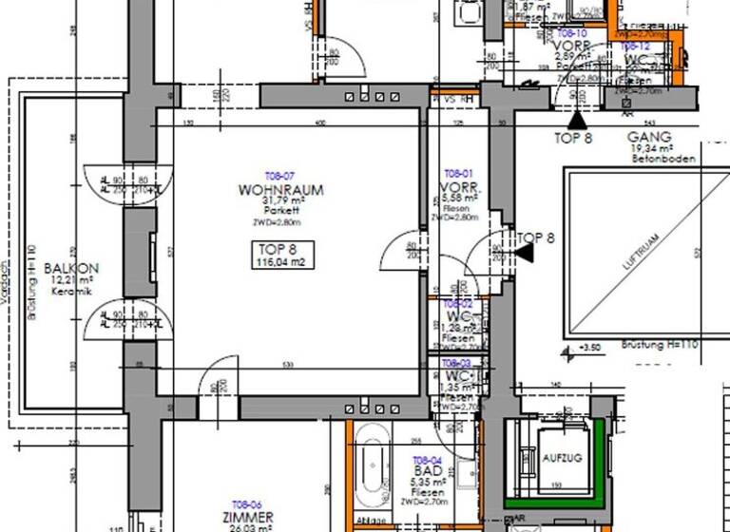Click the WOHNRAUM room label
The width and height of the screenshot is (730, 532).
[280, 190]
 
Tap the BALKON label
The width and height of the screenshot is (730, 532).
[71, 268]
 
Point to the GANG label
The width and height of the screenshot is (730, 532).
[650, 138]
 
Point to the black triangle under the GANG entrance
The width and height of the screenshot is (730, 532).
[576, 121]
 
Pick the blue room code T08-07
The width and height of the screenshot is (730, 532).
[280, 177]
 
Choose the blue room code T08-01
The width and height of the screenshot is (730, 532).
[458, 173]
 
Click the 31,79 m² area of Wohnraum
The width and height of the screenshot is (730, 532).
[284, 201]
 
